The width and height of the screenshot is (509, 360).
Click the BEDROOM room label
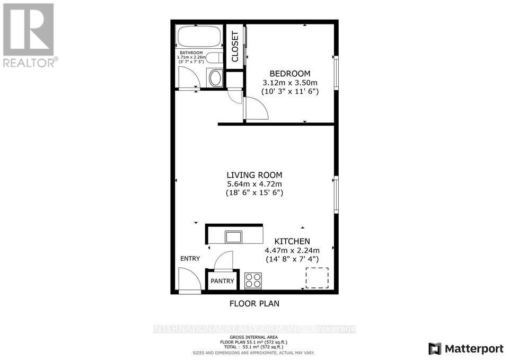(290, 73)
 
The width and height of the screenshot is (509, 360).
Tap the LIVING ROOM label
(254, 175)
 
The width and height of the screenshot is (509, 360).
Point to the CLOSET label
(234, 46)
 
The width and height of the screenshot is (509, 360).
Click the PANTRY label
(223, 281)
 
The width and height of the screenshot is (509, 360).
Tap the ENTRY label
(190, 259)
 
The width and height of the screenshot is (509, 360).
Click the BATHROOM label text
(190, 53)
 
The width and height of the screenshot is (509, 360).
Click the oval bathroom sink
(215, 79)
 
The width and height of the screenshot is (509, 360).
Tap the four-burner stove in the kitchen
(253, 280)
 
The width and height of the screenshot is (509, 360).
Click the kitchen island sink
(233, 236)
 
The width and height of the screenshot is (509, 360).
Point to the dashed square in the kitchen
(317, 278)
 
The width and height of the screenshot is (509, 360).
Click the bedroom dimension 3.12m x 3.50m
(290, 82)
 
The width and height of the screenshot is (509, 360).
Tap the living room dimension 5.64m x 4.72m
(254, 184)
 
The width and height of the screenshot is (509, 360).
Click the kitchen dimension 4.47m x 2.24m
(292, 250)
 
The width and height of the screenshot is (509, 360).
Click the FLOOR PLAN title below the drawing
(254, 304)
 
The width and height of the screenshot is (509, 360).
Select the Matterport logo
(466, 348)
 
